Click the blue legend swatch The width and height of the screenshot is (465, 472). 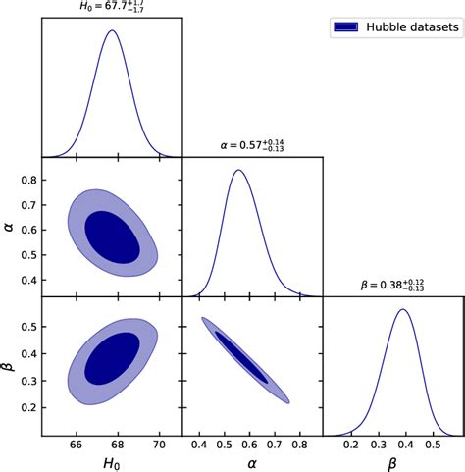pos(346,28)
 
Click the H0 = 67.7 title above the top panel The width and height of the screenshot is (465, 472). pos(112,7)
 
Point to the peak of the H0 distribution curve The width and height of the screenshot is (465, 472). pos(112,31)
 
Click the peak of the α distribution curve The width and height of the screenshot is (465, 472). pos(237,171)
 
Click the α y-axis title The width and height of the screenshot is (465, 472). pos(11,227)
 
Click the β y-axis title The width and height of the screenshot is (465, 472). pos(11,366)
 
